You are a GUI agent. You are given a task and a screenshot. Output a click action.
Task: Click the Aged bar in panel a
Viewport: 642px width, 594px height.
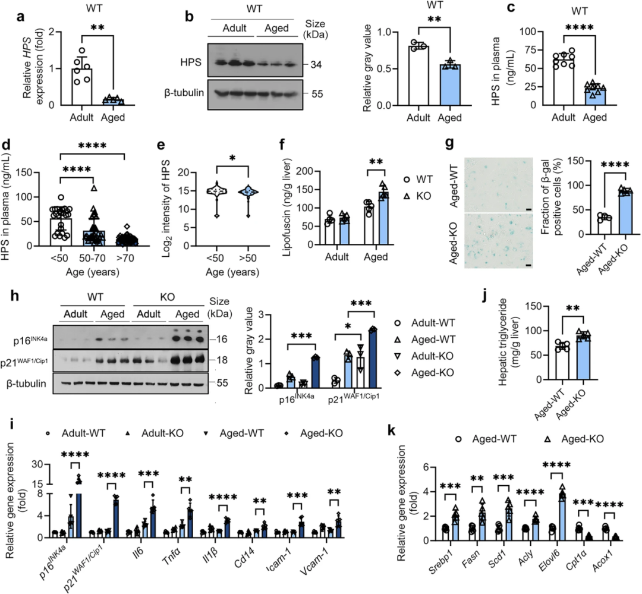click(x=112, y=102)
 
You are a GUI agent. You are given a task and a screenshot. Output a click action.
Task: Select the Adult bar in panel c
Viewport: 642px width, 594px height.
click(x=564, y=81)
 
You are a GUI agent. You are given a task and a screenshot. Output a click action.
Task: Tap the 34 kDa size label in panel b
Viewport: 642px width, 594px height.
click(x=316, y=65)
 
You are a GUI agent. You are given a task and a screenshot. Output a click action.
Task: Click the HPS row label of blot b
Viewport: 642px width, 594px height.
click(x=191, y=62)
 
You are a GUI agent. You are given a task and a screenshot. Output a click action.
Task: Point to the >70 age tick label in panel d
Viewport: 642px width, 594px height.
click(x=125, y=258)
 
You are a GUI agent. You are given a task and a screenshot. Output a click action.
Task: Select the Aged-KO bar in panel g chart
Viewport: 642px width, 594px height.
click(x=625, y=213)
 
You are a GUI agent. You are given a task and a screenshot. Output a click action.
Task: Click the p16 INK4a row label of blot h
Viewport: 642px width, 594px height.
click(x=30, y=340)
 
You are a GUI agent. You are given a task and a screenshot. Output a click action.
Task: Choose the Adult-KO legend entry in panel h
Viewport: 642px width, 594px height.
click(x=424, y=356)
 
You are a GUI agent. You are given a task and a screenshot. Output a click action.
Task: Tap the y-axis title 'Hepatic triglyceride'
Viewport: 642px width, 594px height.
click(x=503, y=342)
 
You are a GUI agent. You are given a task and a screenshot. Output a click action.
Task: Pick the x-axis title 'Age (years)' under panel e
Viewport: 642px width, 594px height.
click(x=232, y=272)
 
